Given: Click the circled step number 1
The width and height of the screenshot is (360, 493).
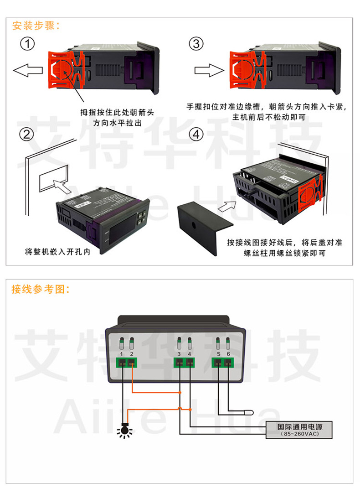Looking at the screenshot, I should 28,44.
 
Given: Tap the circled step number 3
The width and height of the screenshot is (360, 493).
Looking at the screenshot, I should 196,44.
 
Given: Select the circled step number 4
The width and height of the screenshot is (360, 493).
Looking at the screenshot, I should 196,135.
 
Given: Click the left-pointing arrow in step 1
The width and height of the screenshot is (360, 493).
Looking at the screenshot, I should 27,71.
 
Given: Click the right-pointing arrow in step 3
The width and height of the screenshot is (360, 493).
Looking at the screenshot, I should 209,71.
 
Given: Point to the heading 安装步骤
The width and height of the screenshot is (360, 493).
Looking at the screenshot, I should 36,26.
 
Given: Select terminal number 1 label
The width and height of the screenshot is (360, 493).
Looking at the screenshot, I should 122,354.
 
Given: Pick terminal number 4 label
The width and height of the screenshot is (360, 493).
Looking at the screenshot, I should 190,354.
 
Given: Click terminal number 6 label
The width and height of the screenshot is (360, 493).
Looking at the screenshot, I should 228,354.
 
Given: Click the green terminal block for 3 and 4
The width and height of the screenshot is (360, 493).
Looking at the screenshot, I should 184,363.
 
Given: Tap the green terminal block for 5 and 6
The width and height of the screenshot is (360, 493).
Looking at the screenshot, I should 223,363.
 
